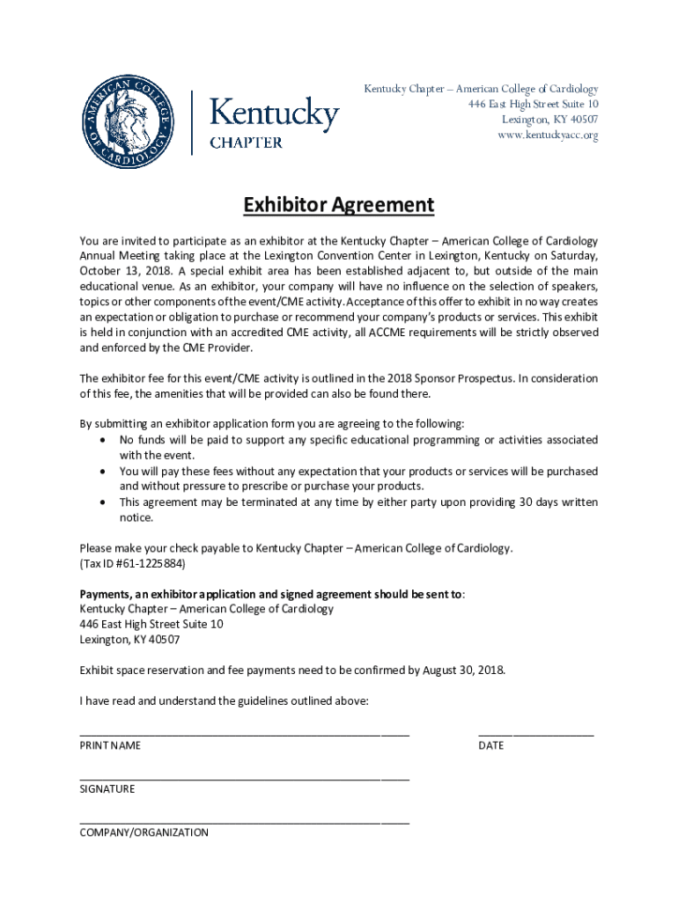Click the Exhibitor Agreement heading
coord(339,206)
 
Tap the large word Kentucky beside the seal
coord(274,115)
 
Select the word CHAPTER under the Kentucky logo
coord(246,143)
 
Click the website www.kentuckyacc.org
coord(548,136)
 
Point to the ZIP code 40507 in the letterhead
coord(580,120)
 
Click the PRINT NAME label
coord(110,745)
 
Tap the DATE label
coord(491,745)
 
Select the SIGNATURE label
coord(107,789)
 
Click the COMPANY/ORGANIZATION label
coord(144,832)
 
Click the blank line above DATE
coord(535,733)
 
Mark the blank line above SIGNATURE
coord(244,778)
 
